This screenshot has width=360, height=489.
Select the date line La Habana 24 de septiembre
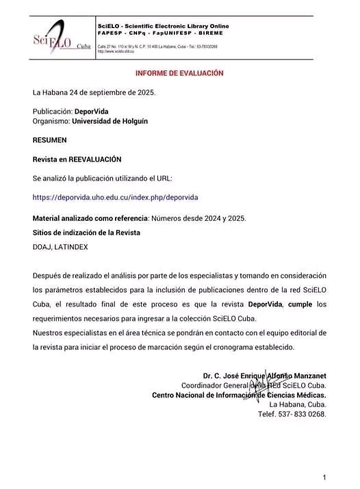tap(94, 92)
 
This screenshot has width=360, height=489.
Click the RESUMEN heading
tap(50, 140)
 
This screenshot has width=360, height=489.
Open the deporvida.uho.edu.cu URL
tap(115, 197)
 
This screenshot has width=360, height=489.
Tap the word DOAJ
tap(42, 247)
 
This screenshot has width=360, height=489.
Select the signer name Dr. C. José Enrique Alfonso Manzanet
tap(264, 375)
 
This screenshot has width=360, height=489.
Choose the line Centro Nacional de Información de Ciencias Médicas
tap(238, 395)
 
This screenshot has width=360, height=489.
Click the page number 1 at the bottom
tap(324, 477)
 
